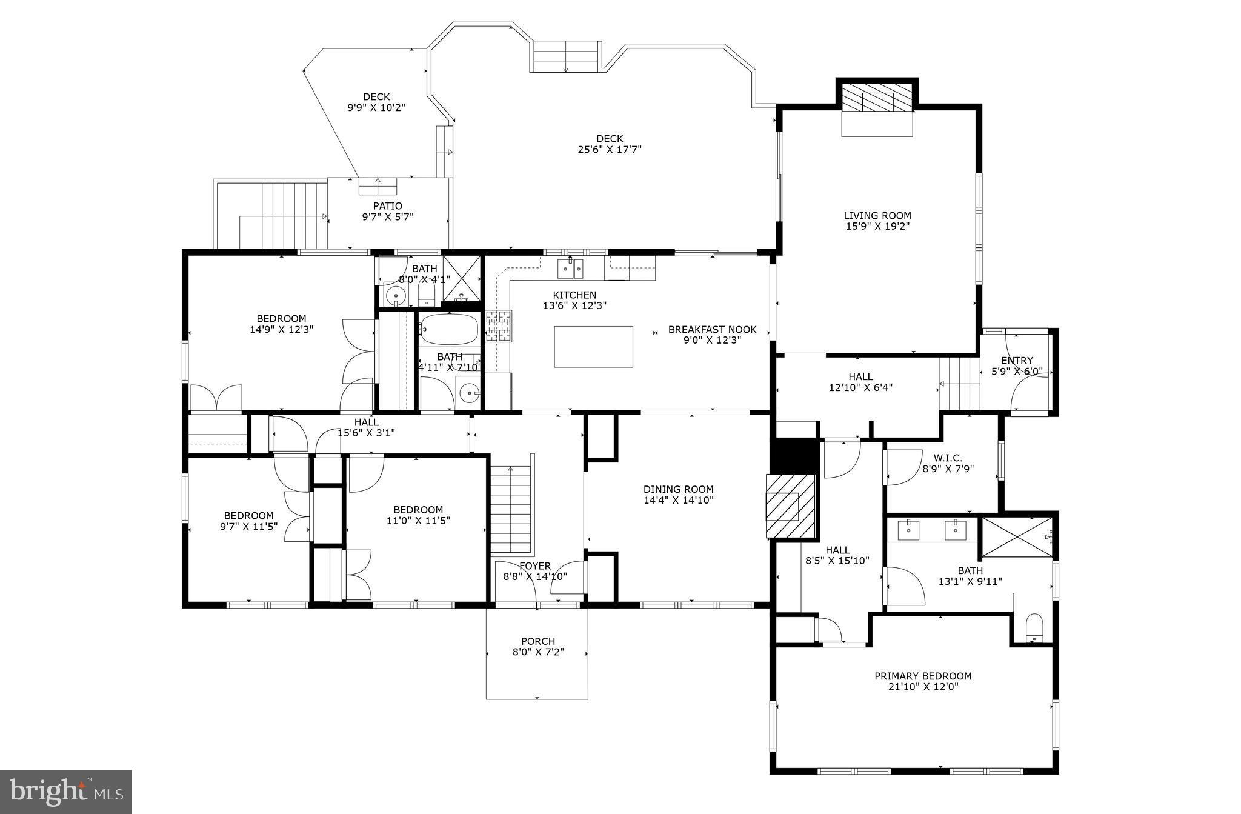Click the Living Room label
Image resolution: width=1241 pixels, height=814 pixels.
click(x=877, y=216)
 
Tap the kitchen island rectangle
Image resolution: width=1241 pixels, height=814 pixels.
click(x=593, y=347)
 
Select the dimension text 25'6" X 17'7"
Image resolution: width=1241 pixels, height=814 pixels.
click(x=609, y=150)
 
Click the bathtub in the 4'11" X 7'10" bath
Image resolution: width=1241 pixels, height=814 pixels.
click(x=448, y=329)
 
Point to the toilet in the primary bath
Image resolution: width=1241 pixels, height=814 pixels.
click(x=1034, y=628)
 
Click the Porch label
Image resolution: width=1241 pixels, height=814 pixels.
click(x=537, y=641)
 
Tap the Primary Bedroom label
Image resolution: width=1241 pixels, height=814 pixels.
click(x=922, y=676)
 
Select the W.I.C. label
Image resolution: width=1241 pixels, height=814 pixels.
click(x=948, y=458)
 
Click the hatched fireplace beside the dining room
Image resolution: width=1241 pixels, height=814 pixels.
click(x=791, y=506)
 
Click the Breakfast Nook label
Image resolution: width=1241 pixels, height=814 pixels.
click(x=712, y=330)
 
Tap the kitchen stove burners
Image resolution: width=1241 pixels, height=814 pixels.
click(x=498, y=325)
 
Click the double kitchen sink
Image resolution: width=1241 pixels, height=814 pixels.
click(x=570, y=267)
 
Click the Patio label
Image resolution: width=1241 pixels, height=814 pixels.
click(x=387, y=206)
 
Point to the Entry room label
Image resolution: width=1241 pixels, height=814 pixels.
click(x=1017, y=361)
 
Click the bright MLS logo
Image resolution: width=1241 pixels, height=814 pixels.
click(x=66, y=792)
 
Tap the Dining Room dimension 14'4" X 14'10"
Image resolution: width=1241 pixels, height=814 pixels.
click(x=678, y=501)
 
